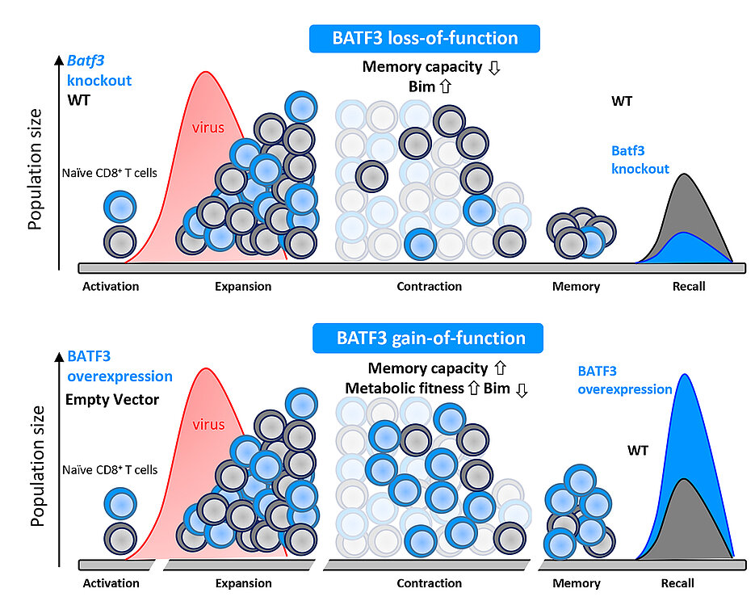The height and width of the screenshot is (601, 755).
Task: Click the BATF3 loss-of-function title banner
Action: (424, 38)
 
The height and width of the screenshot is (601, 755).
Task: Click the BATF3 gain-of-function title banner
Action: (427, 338)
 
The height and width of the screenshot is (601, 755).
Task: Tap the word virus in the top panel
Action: (208, 127)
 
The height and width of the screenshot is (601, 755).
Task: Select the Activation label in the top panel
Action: (111, 286)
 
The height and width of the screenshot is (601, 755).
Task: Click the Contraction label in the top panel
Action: (429, 286)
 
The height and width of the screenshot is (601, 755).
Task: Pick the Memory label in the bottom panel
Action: (576, 582)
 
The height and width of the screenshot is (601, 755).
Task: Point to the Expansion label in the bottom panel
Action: (243, 582)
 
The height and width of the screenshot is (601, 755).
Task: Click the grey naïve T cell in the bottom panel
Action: (120, 537)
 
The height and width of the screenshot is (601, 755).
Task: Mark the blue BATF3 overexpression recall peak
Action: (686, 420)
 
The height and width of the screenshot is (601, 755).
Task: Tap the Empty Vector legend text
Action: (113, 399)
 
